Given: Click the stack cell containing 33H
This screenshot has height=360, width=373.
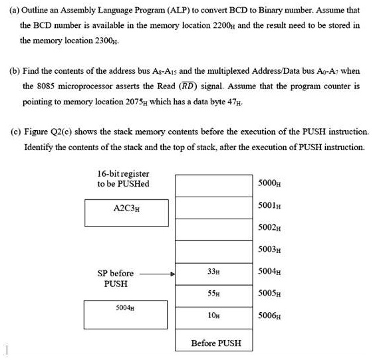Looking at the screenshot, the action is (x=213, y=272).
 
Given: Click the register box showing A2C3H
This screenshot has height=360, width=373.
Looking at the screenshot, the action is (x=126, y=212).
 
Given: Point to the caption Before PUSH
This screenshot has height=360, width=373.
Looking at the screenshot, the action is (x=215, y=343).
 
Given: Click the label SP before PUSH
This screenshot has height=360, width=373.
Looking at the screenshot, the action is (x=115, y=278).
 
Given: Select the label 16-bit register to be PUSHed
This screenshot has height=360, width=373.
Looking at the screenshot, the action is (x=123, y=178).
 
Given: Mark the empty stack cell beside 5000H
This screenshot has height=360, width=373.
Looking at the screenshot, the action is (x=213, y=184).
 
